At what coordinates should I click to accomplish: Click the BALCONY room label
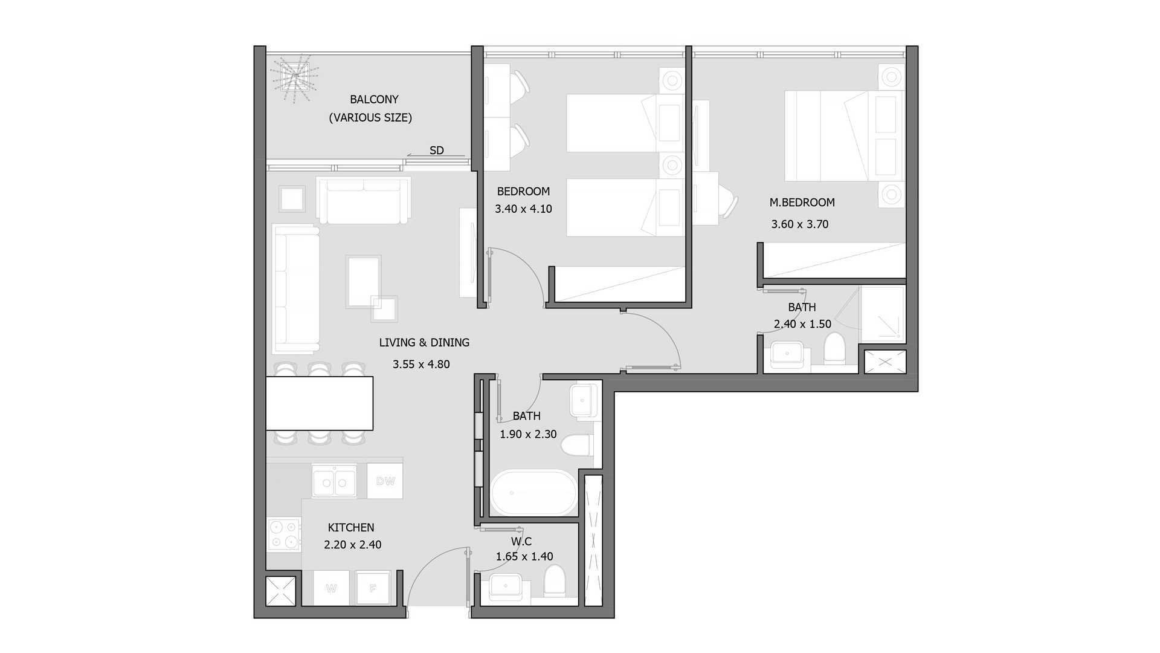pyautogui.click(x=374, y=99)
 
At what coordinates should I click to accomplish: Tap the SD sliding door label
pyautogui.click(x=436, y=151)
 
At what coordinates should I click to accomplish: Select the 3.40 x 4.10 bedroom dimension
pyautogui.click(x=523, y=209)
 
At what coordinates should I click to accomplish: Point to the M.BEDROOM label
pyautogui.click(x=802, y=203)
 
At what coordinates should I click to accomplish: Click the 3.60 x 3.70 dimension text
pyautogui.click(x=799, y=224)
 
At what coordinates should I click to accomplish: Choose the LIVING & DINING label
pyautogui.click(x=424, y=342)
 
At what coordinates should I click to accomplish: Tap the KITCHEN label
pyautogui.click(x=351, y=527)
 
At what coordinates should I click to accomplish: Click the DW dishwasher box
pyautogui.click(x=385, y=481)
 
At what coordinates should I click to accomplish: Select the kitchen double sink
pyautogui.click(x=333, y=481)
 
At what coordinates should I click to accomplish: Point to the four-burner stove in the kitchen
pyautogui.click(x=284, y=534)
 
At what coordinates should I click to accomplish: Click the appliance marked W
pyautogui.click(x=331, y=588)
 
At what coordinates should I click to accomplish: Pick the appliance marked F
pyautogui.click(x=373, y=588)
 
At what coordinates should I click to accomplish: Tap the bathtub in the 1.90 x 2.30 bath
pyautogui.click(x=533, y=492)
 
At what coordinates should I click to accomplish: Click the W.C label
pyautogui.click(x=521, y=541)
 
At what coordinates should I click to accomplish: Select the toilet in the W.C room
pyautogui.click(x=554, y=582)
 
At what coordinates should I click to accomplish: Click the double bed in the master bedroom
pyautogui.click(x=844, y=135)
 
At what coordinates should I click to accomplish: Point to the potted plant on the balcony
pyautogui.click(x=294, y=77)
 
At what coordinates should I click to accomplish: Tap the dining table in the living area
pyautogui.click(x=320, y=403)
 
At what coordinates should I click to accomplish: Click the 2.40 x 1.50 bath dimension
pyautogui.click(x=802, y=324)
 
